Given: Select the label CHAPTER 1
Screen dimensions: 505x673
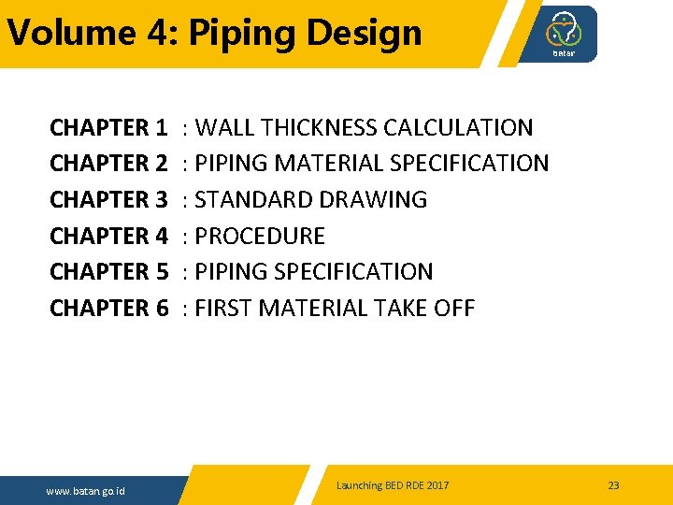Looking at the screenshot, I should (x=108, y=127).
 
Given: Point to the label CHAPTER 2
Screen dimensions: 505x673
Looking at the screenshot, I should (x=108, y=164).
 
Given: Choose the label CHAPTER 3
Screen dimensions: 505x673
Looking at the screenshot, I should (x=108, y=200).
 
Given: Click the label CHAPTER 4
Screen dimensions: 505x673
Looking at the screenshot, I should (x=108, y=236).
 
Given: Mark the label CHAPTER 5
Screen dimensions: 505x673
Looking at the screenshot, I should (x=108, y=272).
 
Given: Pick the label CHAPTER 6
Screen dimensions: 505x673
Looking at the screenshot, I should (x=108, y=309).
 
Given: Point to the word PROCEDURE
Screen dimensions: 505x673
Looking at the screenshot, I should (x=260, y=236).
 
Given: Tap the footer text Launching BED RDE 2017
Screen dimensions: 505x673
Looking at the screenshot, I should (x=393, y=485).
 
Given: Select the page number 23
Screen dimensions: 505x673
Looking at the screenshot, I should (x=613, y=485).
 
